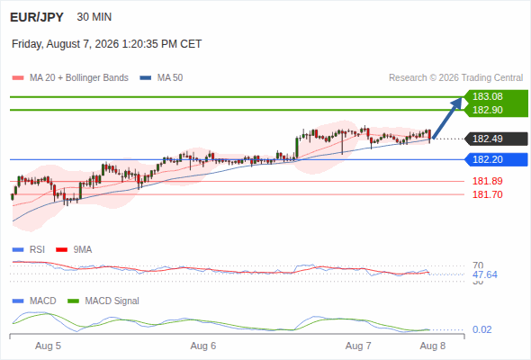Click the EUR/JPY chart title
point(37,17)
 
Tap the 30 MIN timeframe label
point(94,17)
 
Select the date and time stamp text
point(107,44)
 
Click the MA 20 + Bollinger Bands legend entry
point(70,78)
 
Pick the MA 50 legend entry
point(161,78)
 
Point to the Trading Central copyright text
point(455,78)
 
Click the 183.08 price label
point(487,96)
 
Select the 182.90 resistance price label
point(487,110)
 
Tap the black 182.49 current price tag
point(496,139)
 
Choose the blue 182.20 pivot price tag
point(496,159)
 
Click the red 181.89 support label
point(487,181)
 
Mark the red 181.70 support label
point(487,194)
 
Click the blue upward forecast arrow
point(447,118)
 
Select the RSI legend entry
point(29,249)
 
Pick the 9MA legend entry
point(74,249)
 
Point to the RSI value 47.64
point(485,274)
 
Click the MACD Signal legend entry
point(103,301)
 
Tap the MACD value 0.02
point(481,329)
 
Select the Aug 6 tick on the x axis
point(203,346)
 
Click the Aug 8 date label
point(433,346)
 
